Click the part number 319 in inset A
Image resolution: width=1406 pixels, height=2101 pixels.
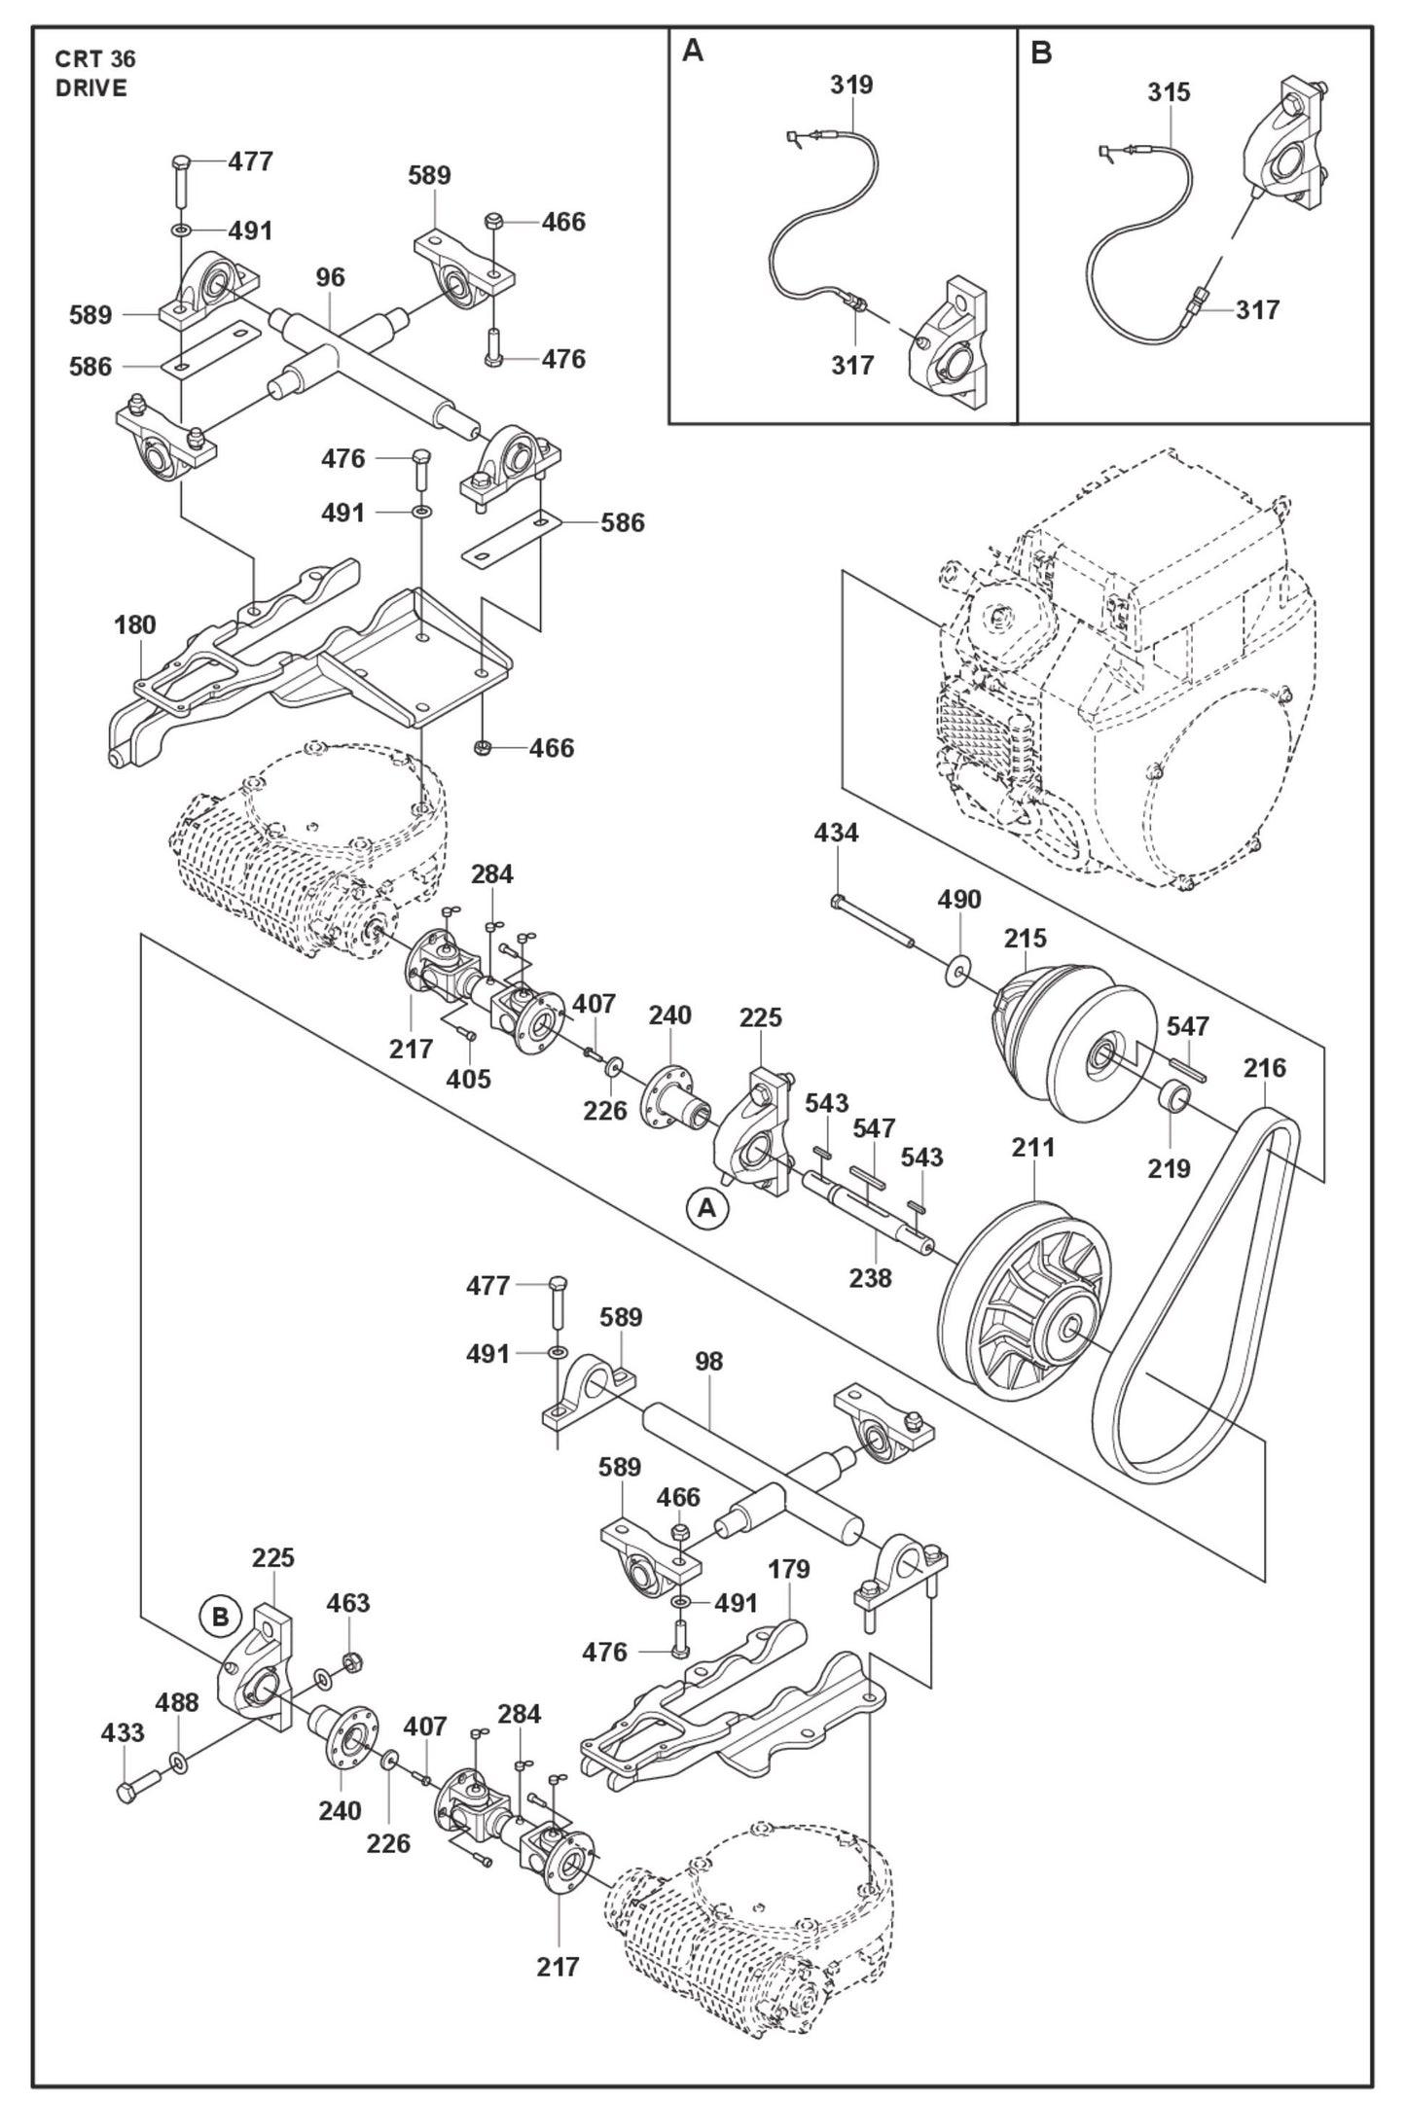click(851, 86)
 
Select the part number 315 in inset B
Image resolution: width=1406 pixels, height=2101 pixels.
click(1169, 93)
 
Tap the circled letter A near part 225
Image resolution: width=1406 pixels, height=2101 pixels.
click(707, 1208)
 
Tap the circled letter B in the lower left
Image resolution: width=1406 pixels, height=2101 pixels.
click(221, 1617)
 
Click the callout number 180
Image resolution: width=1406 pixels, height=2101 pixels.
click(134, 625)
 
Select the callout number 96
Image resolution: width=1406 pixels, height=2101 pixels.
click(331, 278)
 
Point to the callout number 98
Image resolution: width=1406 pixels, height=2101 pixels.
click(709, 1362)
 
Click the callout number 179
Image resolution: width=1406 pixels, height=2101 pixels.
click(789, 1569)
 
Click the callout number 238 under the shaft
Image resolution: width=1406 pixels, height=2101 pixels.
click(870, 1277)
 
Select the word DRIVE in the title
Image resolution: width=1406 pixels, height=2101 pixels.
click(91, 89)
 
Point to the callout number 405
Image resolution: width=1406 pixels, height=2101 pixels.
click(469, 1080)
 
